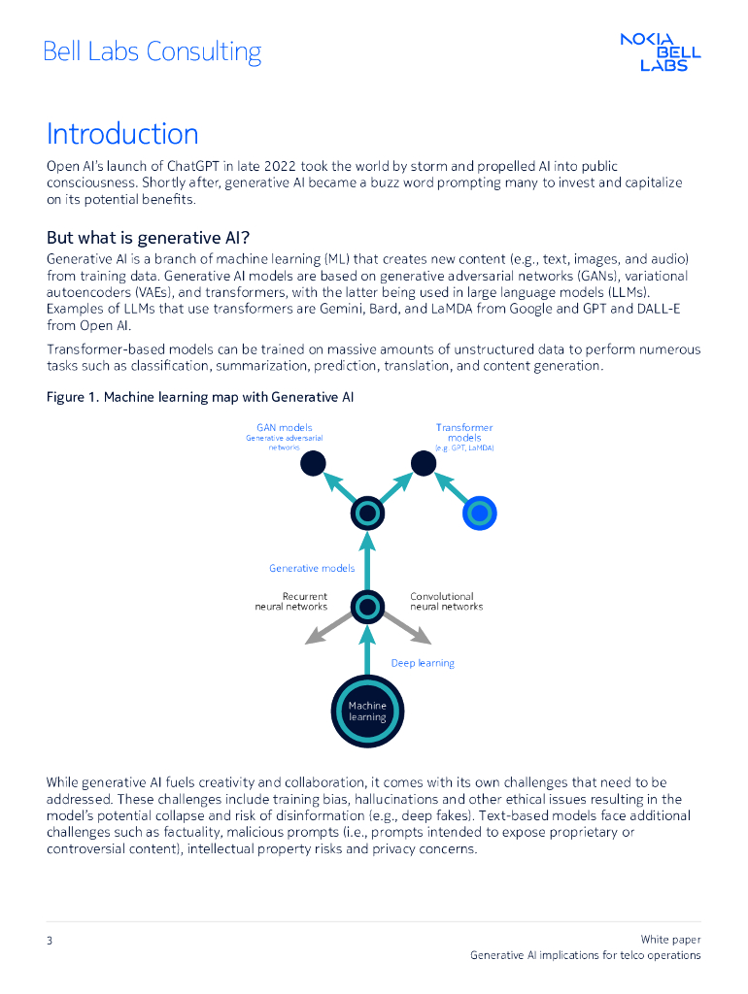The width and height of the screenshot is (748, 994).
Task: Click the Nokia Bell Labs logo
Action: [661, 52]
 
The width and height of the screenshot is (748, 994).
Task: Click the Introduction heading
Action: [122, 134]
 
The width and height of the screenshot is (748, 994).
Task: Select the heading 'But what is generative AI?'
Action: [149, 238]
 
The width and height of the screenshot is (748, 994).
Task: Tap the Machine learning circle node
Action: [367, 711]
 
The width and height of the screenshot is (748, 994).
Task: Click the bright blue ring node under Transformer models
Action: [480, 513]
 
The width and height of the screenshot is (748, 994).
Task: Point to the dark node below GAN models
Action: [311, 464]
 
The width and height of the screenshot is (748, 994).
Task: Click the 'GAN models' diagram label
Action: [284, 427]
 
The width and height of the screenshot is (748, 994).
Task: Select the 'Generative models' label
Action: [312, 568]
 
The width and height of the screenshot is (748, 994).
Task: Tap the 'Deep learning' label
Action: [423, 663]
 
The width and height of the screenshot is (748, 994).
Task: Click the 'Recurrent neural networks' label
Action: [291, 602]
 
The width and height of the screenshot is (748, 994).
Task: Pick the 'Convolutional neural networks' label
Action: [446, 602]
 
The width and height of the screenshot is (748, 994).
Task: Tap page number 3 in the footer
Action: [50, 940]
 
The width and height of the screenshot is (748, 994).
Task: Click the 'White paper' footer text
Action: [670, 939]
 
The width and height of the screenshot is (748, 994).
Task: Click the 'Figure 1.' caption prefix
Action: [73, 397]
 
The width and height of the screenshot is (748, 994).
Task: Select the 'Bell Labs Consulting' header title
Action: [152, 51]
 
